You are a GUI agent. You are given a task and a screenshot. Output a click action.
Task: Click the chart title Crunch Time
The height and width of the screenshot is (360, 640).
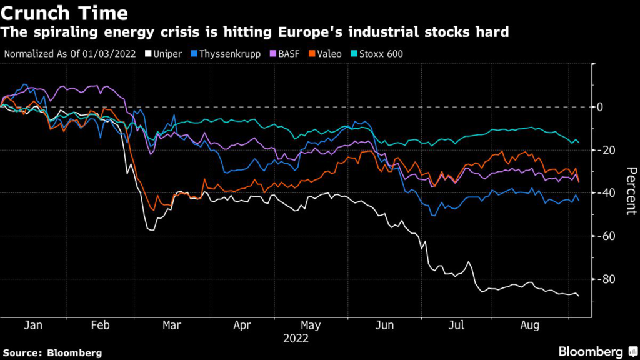tap(65, 12)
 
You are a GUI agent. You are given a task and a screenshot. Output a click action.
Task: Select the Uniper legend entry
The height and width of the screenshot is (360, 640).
tap(167, 54)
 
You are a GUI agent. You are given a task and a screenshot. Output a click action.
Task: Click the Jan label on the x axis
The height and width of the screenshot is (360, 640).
tap(32, 326)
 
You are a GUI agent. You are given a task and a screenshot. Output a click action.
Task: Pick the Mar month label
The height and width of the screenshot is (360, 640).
tap(172, 326)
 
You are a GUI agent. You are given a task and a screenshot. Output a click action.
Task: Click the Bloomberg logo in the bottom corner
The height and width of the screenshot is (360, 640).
tap(591, 352)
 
